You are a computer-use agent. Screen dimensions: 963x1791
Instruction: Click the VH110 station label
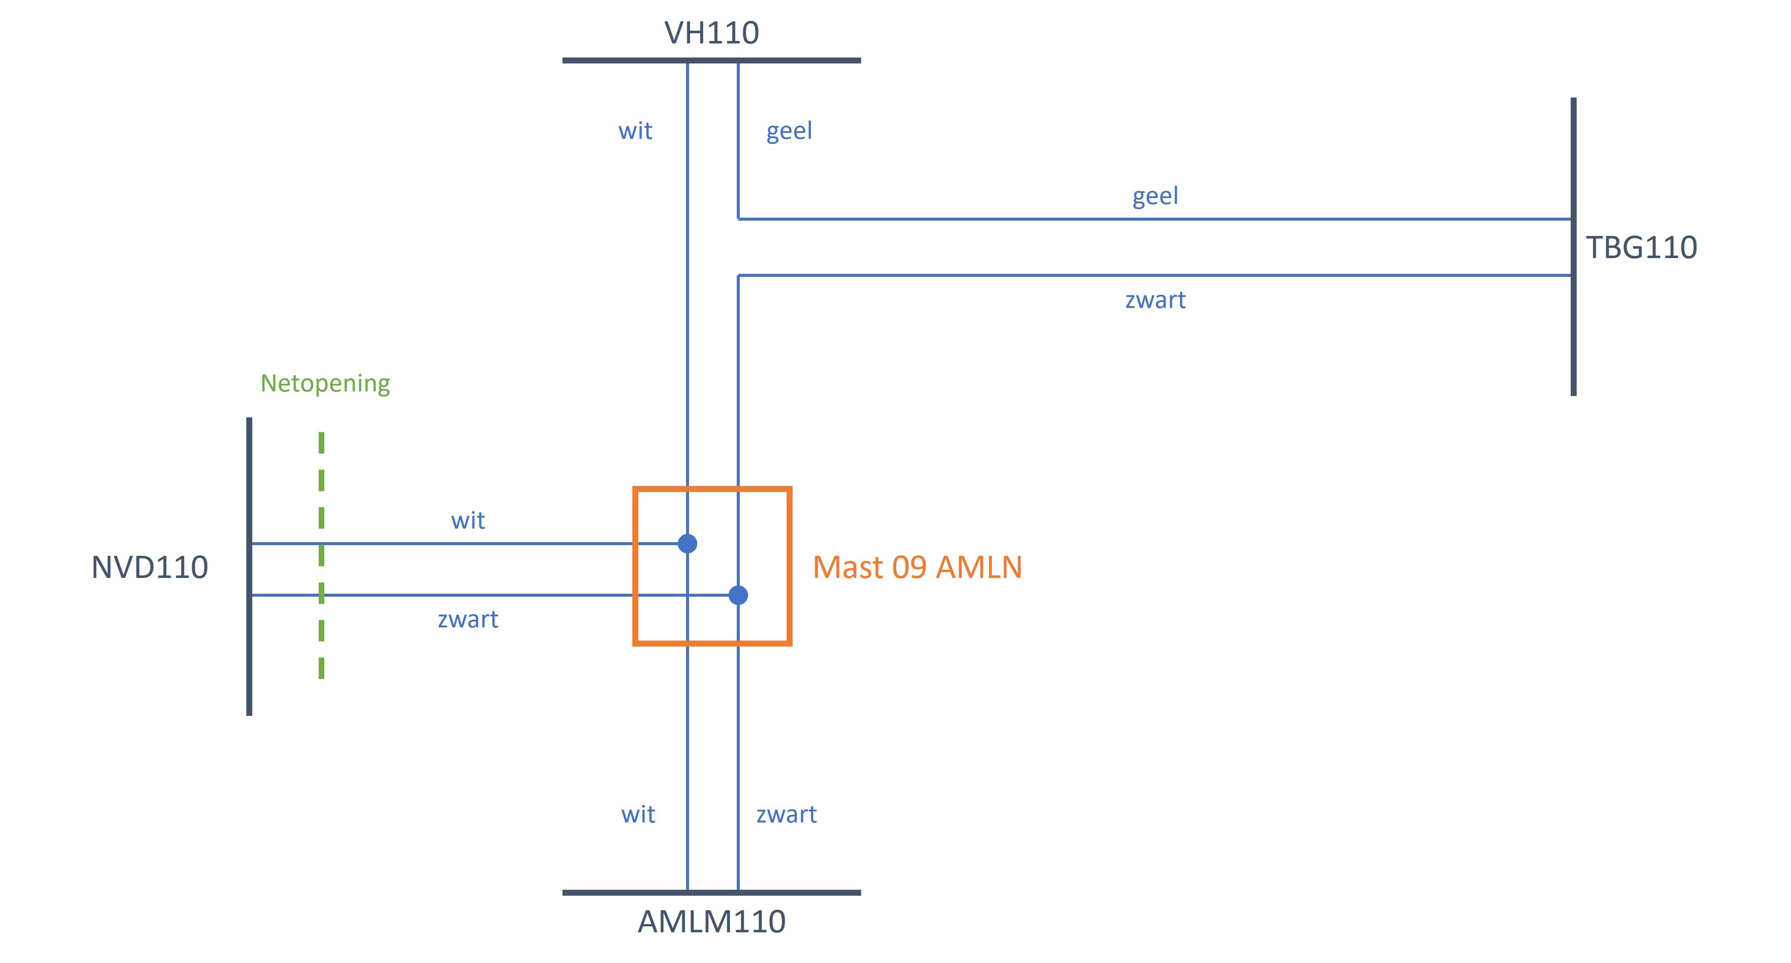(x=711, y=33)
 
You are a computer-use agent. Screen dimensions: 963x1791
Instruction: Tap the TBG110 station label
(x=1641, y=247)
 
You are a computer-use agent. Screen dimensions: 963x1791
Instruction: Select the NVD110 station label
(x=150, y=567)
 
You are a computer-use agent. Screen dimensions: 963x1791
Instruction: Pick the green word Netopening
(x=325, y=383)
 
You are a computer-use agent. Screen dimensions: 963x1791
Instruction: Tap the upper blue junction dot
(x=688, y=543)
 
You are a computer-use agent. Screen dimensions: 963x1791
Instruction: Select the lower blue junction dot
(x=738, y=595)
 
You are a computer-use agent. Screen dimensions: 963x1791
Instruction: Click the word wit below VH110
(x=635, y=131)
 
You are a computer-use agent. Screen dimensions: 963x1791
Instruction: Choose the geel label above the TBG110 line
(x=1155, y=196)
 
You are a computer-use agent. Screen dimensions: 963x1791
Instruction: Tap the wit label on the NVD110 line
(x=468, y=520)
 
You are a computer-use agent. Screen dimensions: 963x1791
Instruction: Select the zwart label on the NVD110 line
(x=468, y=619)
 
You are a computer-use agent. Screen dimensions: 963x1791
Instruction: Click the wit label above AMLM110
(x=637, y=814)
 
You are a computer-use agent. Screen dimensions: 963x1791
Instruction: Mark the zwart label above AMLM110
(x=786, y=814)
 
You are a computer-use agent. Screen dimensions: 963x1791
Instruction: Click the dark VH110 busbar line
(x=799, y=60)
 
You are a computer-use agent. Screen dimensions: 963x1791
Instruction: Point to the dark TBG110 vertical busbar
(x=1573, y=333)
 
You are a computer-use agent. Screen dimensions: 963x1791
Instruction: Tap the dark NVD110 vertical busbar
(x=249, y=660)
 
